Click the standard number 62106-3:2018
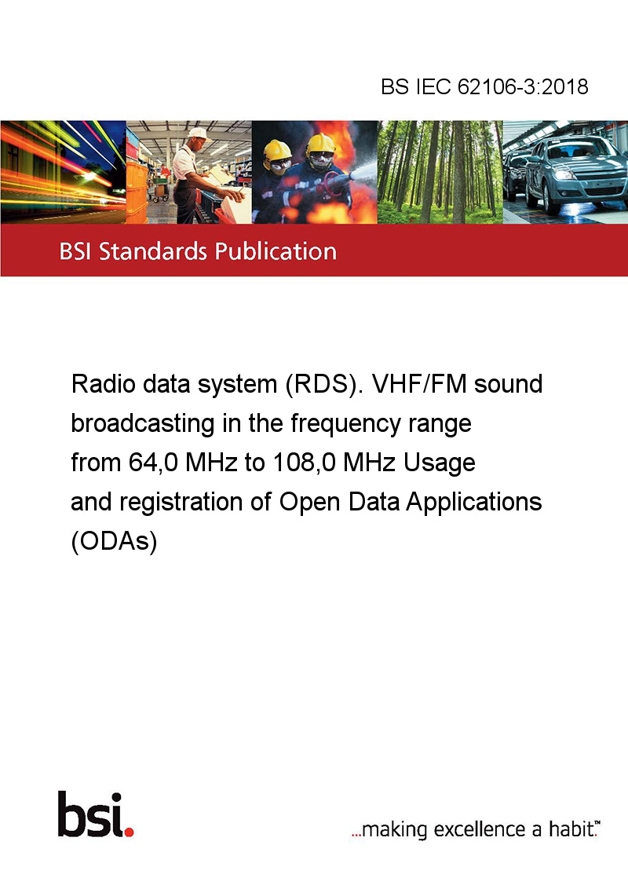coord(523,86)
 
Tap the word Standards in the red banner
coord(153,251)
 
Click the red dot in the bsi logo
coord(129,832)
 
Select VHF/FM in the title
coord(419,384)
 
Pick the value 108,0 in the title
coord(305,463)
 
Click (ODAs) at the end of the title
coord(114,541)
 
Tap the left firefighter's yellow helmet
coord(277,151)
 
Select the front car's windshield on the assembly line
coord(573,148)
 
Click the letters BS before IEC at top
coord(395,86)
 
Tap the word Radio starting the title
coord(103,384)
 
